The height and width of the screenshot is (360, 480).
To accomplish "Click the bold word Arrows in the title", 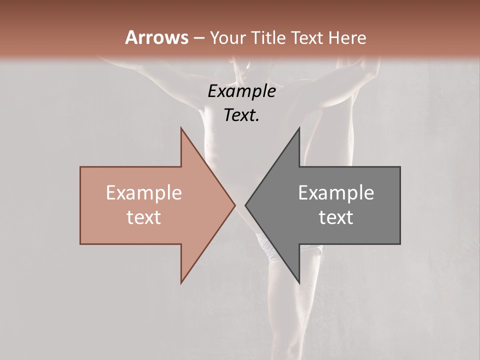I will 157,37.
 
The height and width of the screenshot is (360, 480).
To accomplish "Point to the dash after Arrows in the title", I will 199,38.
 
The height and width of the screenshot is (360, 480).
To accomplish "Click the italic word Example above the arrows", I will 241,91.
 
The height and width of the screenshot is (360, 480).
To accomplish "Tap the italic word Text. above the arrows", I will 240,115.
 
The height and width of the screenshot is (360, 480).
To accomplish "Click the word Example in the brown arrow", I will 143,193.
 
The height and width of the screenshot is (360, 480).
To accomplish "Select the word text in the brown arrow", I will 143,217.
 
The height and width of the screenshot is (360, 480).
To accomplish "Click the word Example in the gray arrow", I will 336,193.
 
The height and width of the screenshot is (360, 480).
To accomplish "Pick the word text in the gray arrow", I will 336,217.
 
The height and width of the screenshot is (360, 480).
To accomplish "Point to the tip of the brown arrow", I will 235,205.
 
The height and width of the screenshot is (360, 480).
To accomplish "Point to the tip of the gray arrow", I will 245,205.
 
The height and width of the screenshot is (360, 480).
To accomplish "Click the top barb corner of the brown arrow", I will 181,128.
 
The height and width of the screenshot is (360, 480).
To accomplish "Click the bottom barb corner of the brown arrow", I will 181,283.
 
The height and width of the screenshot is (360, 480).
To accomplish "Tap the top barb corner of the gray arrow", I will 299,128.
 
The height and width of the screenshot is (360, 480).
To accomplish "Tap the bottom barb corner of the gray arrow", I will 299,283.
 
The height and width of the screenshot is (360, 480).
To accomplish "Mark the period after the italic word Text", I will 257,120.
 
